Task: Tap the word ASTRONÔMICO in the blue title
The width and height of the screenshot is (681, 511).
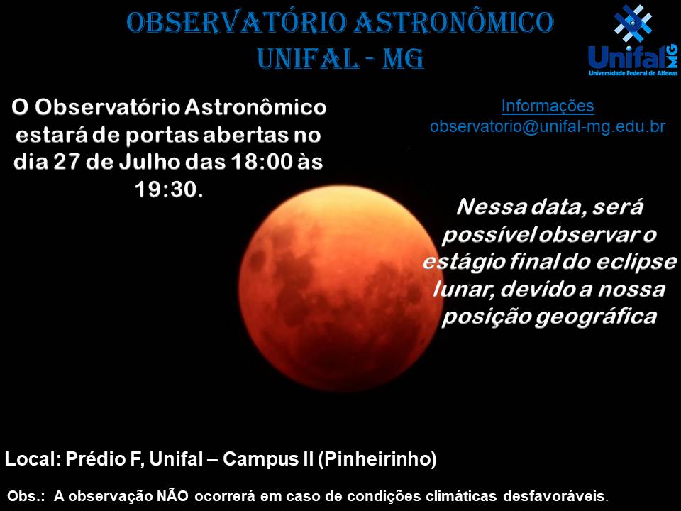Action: [453, 22]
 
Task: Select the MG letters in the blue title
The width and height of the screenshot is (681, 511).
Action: [403, 59]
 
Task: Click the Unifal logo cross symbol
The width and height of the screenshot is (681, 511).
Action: [633, 23]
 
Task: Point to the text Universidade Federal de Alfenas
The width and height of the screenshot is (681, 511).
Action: [633, 73]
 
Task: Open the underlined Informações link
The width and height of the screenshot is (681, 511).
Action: [548, 106]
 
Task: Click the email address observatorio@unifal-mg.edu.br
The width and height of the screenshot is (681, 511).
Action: [548, 126]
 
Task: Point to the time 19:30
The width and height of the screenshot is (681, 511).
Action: [168, 189]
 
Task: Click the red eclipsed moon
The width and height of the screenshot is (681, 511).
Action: [340, 287]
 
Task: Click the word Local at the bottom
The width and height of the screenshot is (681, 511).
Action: [32, 459]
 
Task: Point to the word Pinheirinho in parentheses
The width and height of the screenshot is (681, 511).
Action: [377, 459]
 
